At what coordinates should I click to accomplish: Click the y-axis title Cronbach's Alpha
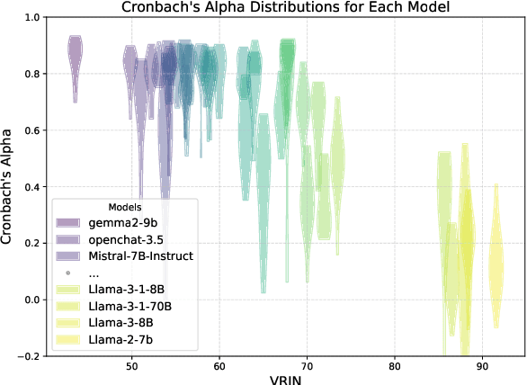(x=8, y=186)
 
